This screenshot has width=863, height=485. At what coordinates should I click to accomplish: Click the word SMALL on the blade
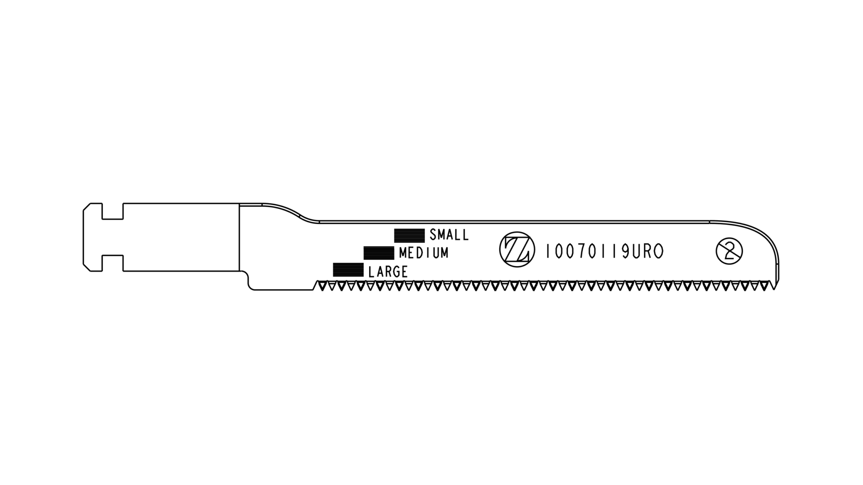click(x=449, y=235)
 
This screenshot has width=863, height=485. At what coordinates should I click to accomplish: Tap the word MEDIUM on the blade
click(x=423, y=253)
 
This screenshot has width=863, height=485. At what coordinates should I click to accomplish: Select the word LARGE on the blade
click(x=388, y=272)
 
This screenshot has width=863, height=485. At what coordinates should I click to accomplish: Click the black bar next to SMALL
click(x=409, y=236)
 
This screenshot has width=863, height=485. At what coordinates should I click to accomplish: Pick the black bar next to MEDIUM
click(x=378, y=253)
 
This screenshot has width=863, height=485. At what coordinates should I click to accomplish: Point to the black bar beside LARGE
click(x=348, y=270)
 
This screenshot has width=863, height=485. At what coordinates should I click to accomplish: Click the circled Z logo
click(x=517, y=249)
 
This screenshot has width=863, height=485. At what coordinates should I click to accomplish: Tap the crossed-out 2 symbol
click(x=729, y=251)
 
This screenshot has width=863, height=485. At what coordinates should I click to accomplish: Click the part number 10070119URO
click(x=604, y=252)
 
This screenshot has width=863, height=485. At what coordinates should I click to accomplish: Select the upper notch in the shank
click(x=113, y=211)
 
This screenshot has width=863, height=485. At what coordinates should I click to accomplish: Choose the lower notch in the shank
click(x=113, y=263)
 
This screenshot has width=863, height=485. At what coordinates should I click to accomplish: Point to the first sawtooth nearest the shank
click(x=322, y=286)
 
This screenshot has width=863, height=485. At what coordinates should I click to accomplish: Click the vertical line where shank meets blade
click(x=239, y=238)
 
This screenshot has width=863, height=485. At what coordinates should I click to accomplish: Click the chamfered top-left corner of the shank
click(x=86, y=207)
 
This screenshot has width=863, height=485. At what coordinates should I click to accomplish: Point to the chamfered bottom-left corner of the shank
click(x=86, y=268)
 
